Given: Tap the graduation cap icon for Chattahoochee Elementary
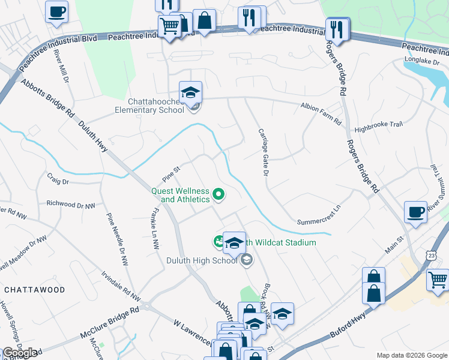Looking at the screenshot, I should (x=191, y=93).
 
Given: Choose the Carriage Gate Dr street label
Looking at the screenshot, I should (x=262, y=152).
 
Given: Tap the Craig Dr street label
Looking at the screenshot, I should (x=58, y=179).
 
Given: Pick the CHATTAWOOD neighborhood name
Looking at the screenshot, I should (x=34, y=290).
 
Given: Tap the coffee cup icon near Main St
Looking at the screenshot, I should (x=415, y=212).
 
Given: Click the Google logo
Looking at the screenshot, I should (x=20, y=353).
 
